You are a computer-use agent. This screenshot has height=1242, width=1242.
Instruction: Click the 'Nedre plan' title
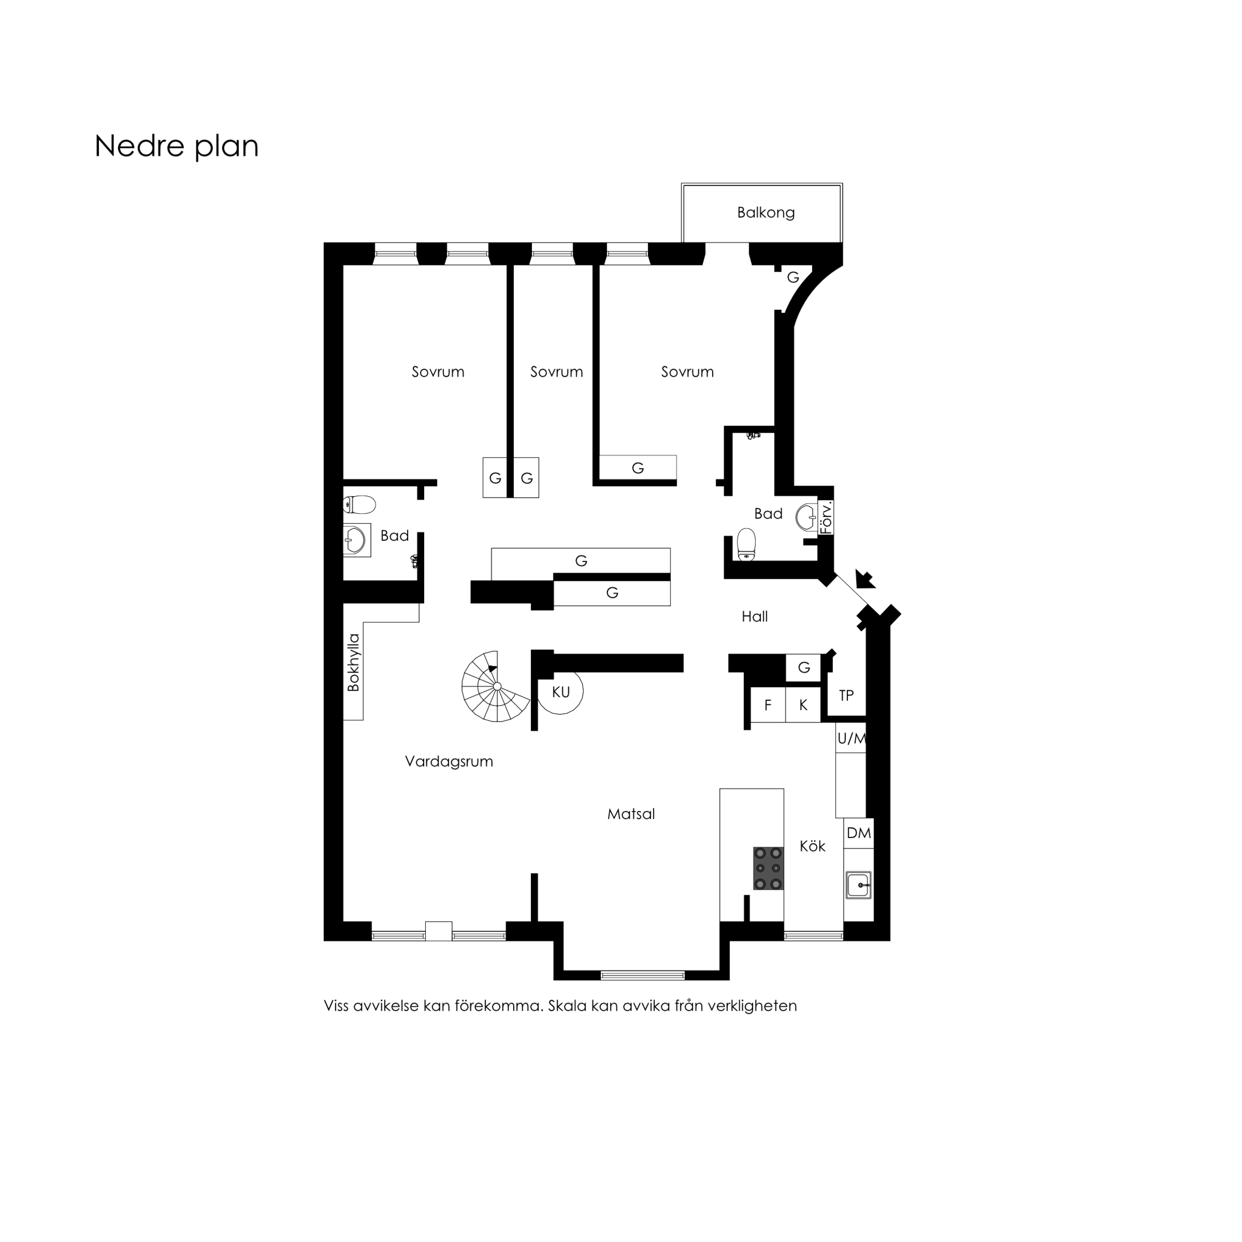(176, 147)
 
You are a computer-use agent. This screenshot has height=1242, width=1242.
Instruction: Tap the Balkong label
(765, 213)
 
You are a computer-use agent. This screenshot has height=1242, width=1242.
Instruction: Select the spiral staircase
(496, 687)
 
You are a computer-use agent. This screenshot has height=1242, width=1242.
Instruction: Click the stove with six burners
(768, 868)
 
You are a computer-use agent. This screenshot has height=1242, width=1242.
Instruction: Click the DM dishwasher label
(858, 833)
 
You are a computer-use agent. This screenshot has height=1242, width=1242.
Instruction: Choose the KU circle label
(561, 692)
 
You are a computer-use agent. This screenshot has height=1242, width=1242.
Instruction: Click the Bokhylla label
(353, 663)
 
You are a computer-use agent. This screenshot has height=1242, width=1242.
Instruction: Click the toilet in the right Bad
(746, 544)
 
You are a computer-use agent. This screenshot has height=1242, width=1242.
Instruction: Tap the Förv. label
(827, 517)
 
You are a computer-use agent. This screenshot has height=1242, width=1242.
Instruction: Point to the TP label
(846, 695)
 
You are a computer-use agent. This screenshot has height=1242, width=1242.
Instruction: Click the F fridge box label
(768, 705)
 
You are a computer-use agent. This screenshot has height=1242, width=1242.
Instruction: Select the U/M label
(851, 739)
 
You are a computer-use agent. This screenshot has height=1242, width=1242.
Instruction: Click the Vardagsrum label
(449, 762)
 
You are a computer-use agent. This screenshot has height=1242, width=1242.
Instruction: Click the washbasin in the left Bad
(356, 540)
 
